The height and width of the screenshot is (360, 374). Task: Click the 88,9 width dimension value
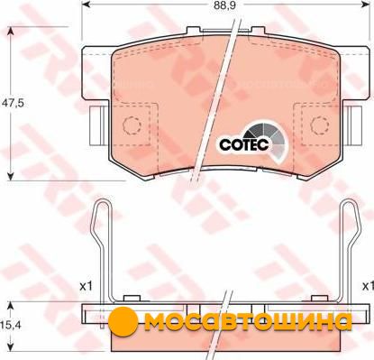223,5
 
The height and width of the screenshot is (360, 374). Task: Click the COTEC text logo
243,144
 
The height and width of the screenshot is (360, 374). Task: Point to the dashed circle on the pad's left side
132,125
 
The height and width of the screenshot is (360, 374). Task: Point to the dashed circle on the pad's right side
320,125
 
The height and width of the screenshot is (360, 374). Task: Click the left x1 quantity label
86,286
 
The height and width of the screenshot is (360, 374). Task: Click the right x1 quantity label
368,286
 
